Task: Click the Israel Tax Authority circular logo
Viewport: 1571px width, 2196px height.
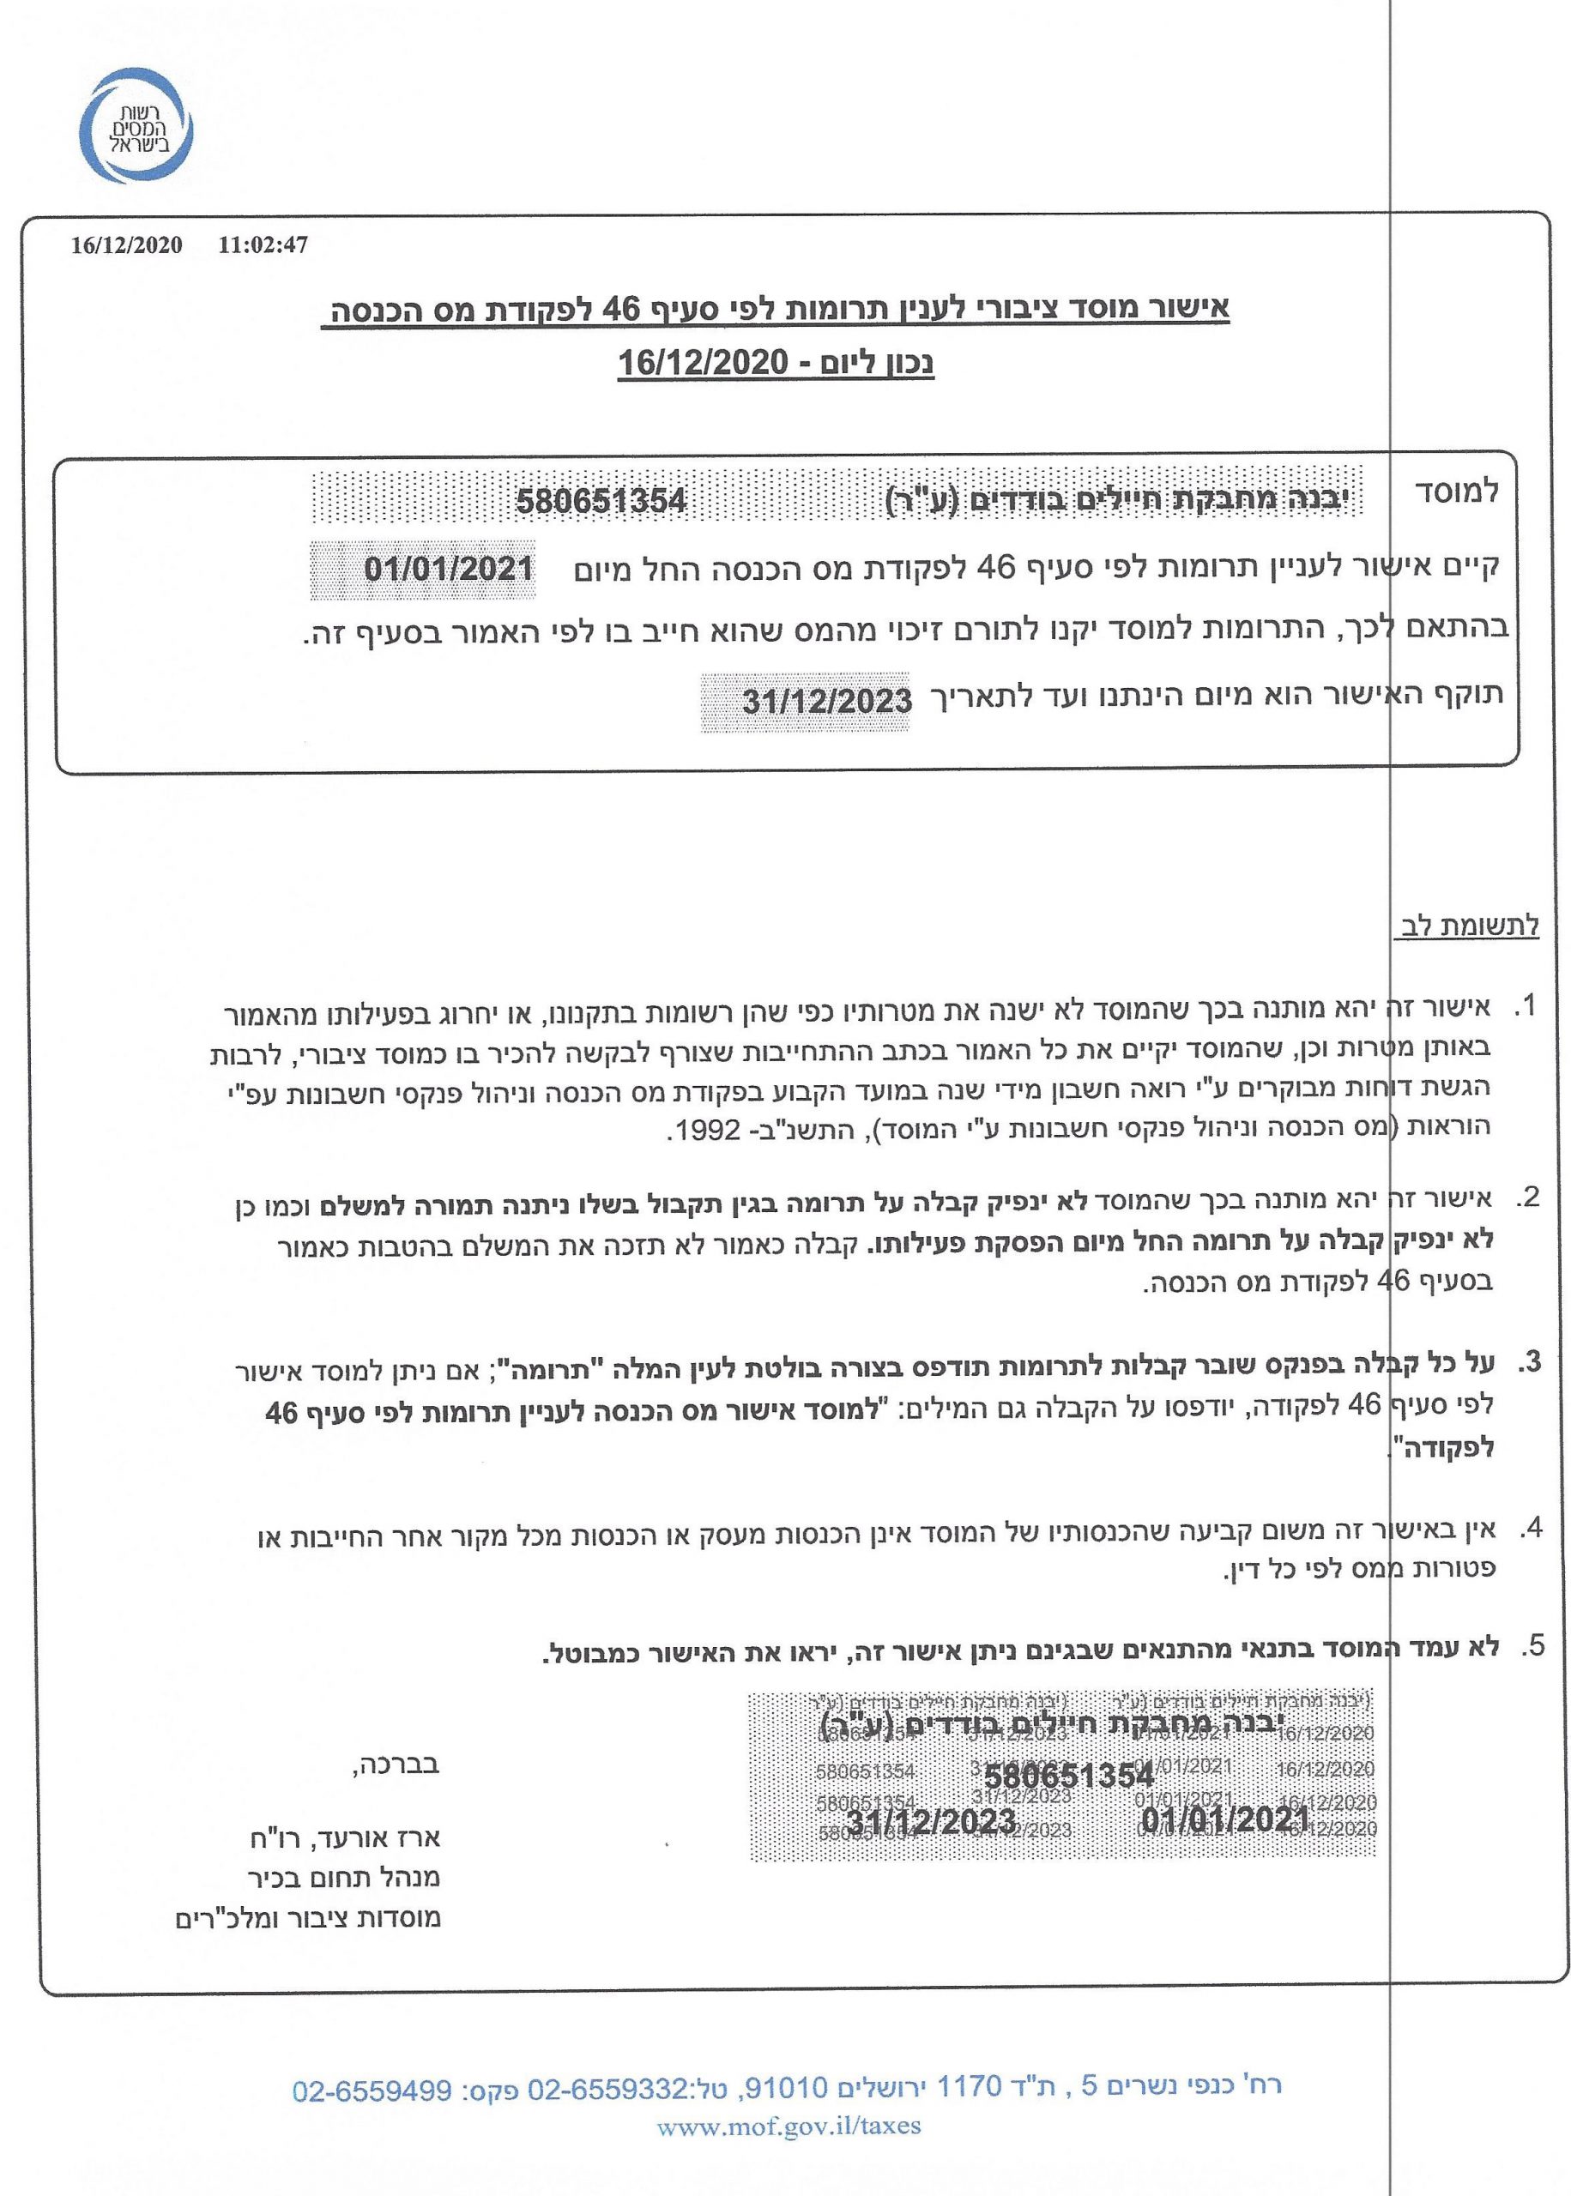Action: click(x=136, y=127)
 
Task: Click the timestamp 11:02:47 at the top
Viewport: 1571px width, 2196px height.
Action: click(x=263, y=245)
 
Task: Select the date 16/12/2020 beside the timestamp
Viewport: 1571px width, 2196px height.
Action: click(x=127, y=245)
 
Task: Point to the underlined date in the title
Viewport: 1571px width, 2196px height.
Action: click(x=704, y=365)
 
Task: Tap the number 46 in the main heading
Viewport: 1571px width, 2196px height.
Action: click(x=621, y=310)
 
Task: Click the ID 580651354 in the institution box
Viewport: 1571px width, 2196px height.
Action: click(x=601, y=501)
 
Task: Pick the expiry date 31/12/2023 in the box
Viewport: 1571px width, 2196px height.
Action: click(x=827, y=700)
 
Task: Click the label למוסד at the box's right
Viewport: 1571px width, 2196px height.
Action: click(x=1456, y=492)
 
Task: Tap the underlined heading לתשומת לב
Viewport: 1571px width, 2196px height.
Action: click(x=1466, y=926)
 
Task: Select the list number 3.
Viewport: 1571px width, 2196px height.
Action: click(x=1526, y=1362)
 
